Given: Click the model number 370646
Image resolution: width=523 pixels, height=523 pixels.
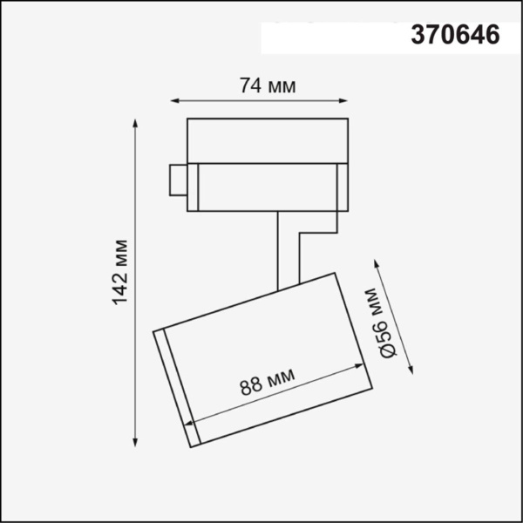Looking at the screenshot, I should (x=455, y=36).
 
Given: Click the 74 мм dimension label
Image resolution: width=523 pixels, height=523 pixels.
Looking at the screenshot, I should (x=268, y=86).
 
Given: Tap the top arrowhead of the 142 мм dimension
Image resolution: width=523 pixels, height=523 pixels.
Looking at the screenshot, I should (x=136, y=121).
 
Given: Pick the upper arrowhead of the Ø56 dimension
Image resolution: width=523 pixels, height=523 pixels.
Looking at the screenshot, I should (x=377, y=260).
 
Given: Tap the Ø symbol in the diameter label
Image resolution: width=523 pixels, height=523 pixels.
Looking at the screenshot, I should (x=389, y=346).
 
